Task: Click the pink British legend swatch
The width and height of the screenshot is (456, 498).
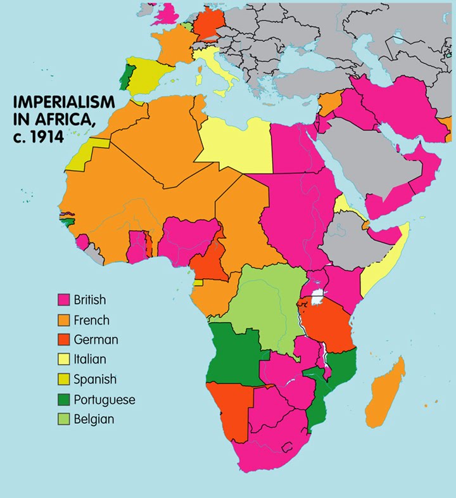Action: coord(63,300)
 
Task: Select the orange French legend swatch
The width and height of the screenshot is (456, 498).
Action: coord(63,320)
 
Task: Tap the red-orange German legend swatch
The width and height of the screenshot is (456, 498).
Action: coord(63,340)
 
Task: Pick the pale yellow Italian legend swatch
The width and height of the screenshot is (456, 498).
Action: coord(63,359)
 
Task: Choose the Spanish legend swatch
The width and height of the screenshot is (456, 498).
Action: coord(63,380)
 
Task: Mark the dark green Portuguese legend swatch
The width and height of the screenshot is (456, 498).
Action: coord(63,399)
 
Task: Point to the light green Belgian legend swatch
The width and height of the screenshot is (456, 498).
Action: coord(63,419)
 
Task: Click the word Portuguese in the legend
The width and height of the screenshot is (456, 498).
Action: coord(104,400)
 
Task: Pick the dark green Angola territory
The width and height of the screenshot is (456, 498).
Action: coord(231,355)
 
